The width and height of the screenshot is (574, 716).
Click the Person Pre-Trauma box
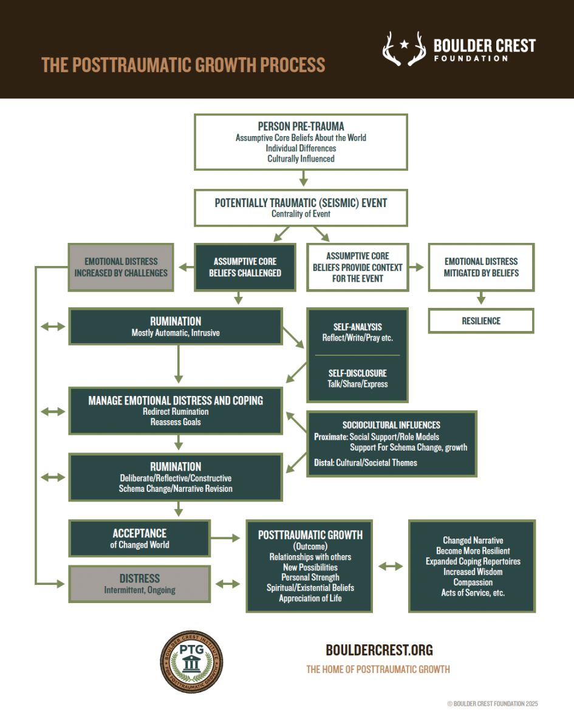click(301, 142)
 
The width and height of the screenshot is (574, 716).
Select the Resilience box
click(481, 321)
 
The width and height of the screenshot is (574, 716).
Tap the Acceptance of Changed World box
click(140, 538)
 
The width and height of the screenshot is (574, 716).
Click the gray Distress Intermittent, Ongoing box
click(140, 584)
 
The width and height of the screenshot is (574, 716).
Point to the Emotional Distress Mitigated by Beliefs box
click(481, 267)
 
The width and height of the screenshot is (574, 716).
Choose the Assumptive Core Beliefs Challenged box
click(245, 267)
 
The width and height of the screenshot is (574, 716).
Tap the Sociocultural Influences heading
click(391, 425)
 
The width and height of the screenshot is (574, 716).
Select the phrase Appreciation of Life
click(310, 598)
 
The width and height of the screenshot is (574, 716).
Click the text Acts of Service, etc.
click(473, 593)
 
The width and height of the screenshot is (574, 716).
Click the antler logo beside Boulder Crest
click(404, 49)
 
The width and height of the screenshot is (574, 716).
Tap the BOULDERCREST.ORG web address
click(379, 650)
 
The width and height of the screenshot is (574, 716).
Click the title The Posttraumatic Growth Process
click(183, 65)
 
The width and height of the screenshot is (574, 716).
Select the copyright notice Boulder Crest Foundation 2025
click(493, 704)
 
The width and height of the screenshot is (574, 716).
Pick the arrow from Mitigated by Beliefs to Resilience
click(481, 299)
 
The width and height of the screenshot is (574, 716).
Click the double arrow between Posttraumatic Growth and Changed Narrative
click(390, 566)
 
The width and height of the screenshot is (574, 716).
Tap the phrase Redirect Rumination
click(176, 412)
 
